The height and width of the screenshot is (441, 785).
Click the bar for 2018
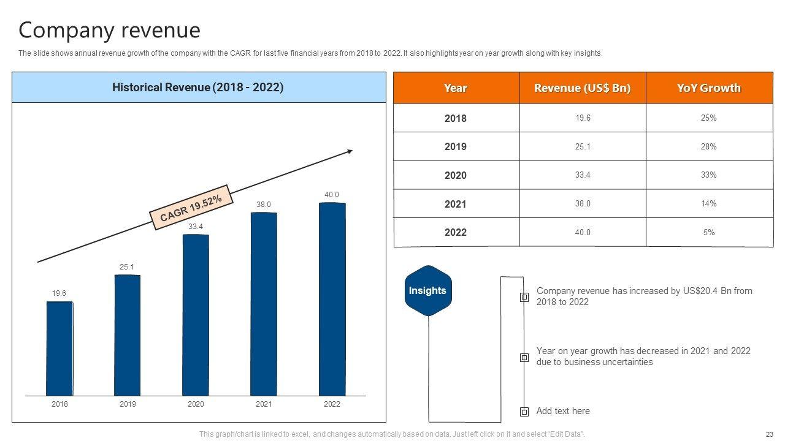59,349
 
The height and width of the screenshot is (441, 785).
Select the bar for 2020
196,315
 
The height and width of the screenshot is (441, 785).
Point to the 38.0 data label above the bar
264,205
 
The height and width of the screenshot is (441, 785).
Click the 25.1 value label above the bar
127,267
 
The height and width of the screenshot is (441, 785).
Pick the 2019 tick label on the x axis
128,404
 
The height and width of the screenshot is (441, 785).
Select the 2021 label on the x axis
264,404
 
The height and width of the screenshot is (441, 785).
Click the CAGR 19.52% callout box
191,208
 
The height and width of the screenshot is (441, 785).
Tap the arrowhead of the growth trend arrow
350,151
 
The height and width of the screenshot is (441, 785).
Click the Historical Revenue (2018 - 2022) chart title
198,88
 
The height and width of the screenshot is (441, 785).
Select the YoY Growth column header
709,88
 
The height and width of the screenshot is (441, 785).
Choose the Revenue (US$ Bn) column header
582,88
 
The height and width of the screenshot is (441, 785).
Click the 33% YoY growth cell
709,175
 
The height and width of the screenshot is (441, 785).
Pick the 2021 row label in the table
456,204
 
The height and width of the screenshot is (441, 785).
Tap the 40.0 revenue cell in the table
583,233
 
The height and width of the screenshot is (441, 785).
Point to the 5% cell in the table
709,233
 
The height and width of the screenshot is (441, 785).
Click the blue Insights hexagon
427,290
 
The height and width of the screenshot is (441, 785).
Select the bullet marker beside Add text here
524,412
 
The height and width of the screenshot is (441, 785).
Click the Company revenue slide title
109,30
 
